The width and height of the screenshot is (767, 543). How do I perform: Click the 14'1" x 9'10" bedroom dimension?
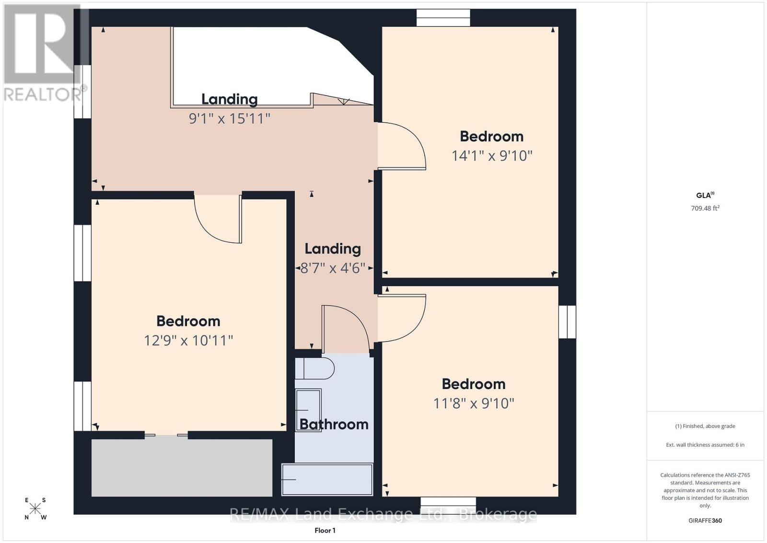pos(492,156)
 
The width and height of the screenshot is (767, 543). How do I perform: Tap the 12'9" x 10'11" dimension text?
pos(188,341)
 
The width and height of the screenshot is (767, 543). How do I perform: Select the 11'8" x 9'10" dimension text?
pos(474,403)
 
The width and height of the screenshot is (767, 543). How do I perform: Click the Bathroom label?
pos(334,425)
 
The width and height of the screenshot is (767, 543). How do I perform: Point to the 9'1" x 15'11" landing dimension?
pos(230,119)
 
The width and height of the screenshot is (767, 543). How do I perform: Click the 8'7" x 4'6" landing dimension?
pos(333,268)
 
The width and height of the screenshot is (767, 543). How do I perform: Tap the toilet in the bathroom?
pos(314,368)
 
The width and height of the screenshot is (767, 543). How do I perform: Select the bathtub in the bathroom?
pos(327,480)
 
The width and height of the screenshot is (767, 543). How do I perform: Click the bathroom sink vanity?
pos(308,410)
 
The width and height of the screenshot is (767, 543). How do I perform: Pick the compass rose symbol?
pos(35,509)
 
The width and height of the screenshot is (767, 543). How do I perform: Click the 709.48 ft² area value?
pos(705,208)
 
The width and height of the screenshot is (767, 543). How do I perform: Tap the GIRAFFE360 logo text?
pos(705,521)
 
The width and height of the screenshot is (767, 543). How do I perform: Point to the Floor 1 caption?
pos(325,531)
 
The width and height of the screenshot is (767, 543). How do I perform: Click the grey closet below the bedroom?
pos(182,467)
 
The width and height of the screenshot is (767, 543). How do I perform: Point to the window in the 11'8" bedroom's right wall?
pos(568,322)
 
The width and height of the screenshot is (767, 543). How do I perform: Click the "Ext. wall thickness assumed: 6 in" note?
pos(705,445)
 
